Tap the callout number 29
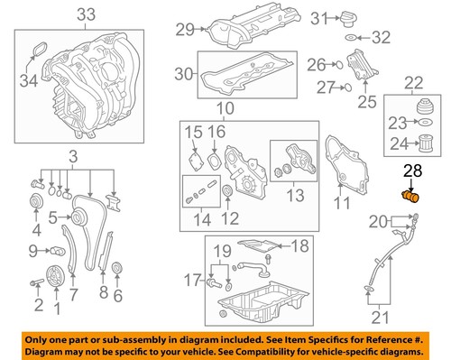[x=186, y=31]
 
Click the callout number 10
[x=224, y=108]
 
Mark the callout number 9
[x=33, y=250]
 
